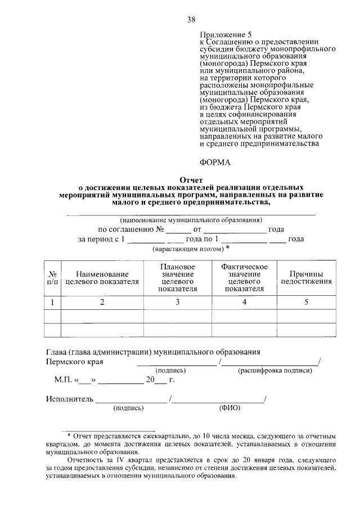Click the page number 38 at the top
click(x=191, y=20)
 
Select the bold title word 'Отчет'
click(x=191, y=178)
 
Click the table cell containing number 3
click(x=177, y=303)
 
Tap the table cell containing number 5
click(x=307, y=303)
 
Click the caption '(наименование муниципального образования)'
click(x=191, y=220)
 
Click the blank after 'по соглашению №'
click(x=178, y=231)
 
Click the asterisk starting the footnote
click(x=69, y=436)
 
